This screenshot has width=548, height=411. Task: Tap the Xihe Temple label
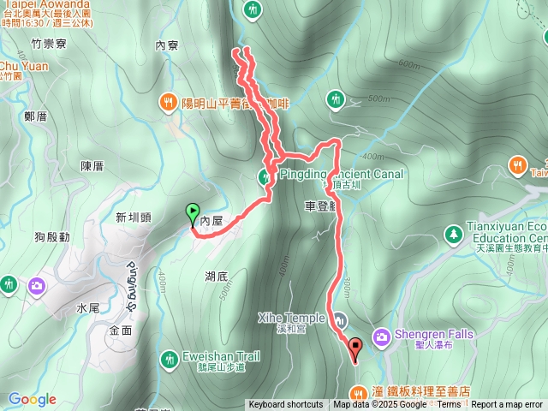click(x=291, y=318)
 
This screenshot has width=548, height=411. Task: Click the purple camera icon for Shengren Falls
click(x=382, y=336)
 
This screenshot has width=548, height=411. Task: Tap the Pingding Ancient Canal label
click(x=342, y=174)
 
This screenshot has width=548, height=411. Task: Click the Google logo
click(x=33, y=399)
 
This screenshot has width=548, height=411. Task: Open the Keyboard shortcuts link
click(x=286, y=405)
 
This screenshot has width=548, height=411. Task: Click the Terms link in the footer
click(x=449, y=405)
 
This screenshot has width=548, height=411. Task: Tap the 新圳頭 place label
click(x=133, y=217)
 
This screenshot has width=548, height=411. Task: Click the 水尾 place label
click(x=88, y=307)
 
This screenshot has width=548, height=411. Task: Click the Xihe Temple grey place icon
click(x=341, y=319)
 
